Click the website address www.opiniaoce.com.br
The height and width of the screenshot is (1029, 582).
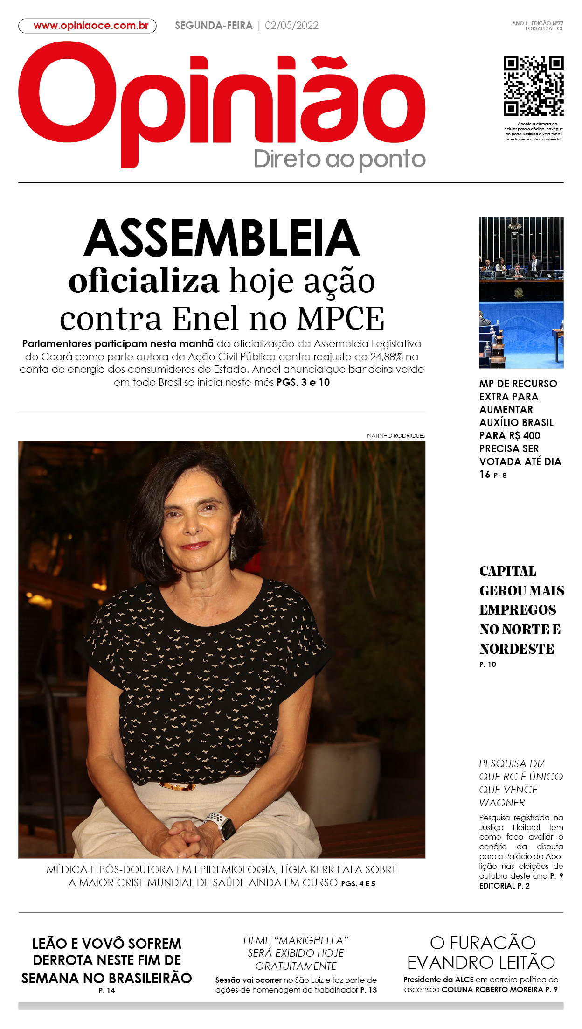90,26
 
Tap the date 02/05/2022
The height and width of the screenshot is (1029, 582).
291,26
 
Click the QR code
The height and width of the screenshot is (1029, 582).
533,86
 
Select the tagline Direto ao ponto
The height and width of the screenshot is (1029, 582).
339,159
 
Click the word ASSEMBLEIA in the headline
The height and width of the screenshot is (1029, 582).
222,238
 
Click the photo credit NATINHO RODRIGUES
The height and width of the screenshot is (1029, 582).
396,435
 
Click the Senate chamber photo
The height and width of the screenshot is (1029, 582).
521,293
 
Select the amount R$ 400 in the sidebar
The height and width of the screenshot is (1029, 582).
524,435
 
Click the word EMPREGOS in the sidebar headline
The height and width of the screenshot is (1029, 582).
518,610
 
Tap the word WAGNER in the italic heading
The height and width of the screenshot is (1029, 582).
502,803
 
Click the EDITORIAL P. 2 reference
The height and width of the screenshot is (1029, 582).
504,886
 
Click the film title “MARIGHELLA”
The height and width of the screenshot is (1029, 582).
311,940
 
